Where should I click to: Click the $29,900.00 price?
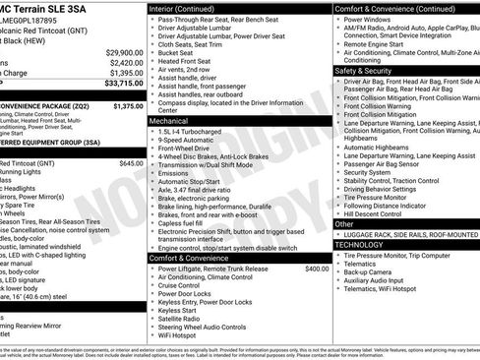[x=125, y=52]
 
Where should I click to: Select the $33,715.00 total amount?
[x=123, y=83]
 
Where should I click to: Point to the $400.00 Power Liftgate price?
[x=317, y=269]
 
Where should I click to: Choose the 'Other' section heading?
[x=345, y=223]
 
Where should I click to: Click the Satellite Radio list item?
[x=181, y=319]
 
